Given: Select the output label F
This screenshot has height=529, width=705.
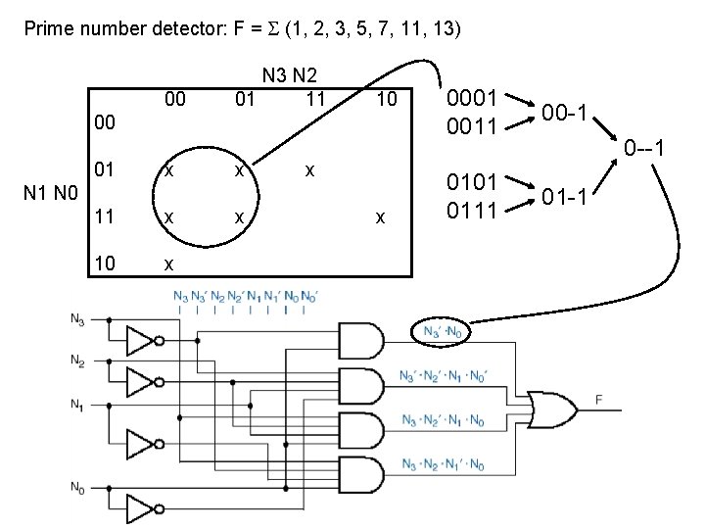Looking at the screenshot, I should click(x=598, y=399).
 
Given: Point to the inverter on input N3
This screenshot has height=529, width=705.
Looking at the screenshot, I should click(x=143, y=341).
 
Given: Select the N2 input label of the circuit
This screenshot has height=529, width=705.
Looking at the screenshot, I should click(x=76, y=361).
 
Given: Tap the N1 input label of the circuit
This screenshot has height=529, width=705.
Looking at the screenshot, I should click(x=76, y=404).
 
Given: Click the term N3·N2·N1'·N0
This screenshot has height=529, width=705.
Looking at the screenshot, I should click(x=442, y=463).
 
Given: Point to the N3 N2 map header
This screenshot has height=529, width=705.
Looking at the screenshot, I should click(x=294, y=74).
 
